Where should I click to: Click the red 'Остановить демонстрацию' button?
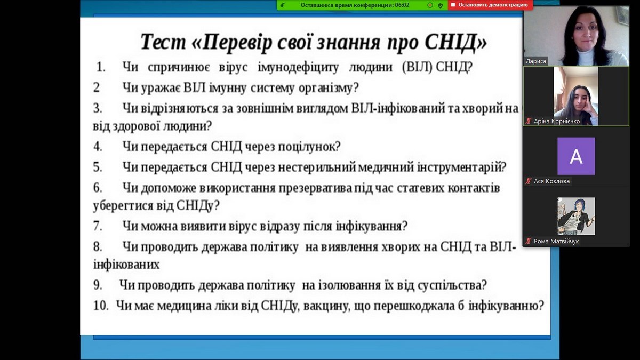point(490,5)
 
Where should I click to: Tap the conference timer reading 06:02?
point(402,5)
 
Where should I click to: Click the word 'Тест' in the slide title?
point(163,42)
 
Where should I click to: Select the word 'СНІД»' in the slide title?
point(455,42)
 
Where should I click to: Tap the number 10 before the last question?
point(100,306)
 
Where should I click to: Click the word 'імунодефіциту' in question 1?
point(298,68)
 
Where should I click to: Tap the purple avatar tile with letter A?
point(576,156)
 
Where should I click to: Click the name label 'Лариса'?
point(535,61)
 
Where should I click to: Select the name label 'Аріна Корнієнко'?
point(557,121)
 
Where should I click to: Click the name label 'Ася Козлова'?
point(551,181)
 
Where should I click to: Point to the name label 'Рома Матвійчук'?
point(556,241)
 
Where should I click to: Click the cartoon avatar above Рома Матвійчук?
point(576,216)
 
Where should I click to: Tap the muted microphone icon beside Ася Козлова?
point(529,181)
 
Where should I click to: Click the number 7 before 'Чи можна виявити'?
point(97,226)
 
